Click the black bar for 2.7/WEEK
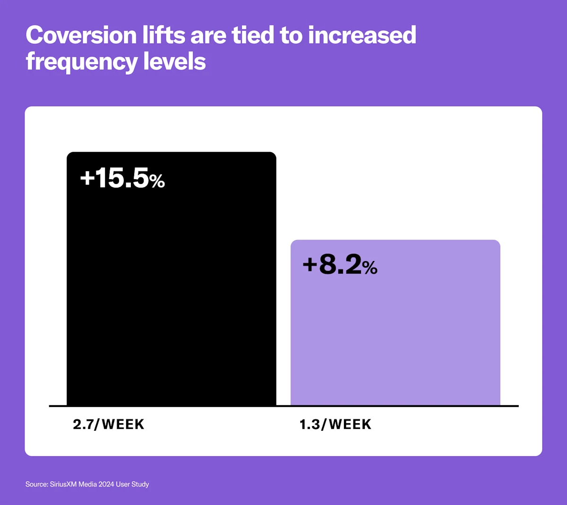[171, 293]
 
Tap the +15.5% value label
[122, 178]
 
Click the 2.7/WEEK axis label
[109, 424]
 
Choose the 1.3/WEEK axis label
[335, 424]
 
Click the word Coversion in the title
[81, 35]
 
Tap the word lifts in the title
[164, 35]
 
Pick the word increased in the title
[362, 35]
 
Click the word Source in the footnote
[36, 484]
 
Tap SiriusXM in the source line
[63, 484]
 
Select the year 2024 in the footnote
[106, 484]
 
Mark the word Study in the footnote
[141, 484]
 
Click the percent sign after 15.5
[157, 181]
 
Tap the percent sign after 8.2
[370, 268]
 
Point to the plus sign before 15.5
[87, 178]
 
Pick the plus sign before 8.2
[309, 264]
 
